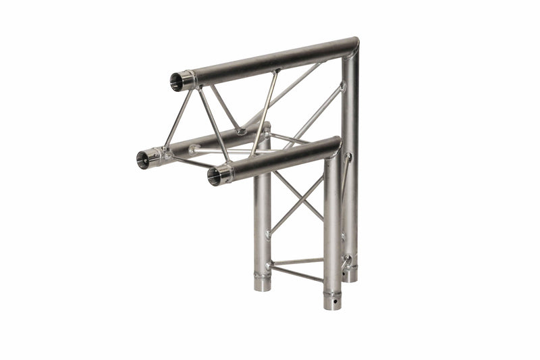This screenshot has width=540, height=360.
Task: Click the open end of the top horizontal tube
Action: tap(178, 82)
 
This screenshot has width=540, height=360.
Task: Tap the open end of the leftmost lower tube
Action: tap(144, 159)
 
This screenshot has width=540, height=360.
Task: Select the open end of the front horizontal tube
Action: tap(215, 177)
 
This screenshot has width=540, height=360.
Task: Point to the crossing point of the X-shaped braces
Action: tap(297, 199)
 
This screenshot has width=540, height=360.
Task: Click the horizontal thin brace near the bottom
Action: tap(297, 261)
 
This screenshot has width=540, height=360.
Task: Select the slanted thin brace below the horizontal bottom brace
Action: tap(297, 274)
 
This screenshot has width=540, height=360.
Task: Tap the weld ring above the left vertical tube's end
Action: tap(262, 275)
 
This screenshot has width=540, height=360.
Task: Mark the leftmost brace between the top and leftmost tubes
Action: tap(178, 120)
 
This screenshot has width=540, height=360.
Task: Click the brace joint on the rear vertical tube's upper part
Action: tap(342, 86)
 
